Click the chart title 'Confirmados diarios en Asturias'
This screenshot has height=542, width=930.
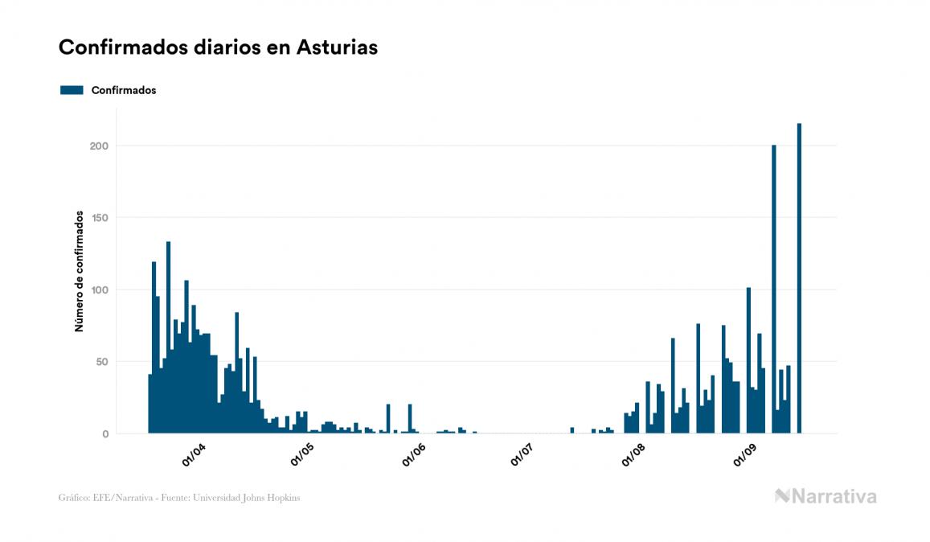coord(218,47)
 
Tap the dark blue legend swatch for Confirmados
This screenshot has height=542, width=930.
coord(72,90)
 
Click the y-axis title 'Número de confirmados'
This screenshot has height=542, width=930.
coord(80,271)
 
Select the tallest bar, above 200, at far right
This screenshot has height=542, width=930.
coord(799,277)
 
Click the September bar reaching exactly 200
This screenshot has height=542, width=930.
coord(774,289)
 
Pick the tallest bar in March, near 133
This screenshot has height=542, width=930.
coord(168,338)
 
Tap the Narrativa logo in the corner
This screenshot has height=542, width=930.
coord(826,496)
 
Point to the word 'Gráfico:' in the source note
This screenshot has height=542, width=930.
coord(73,498)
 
